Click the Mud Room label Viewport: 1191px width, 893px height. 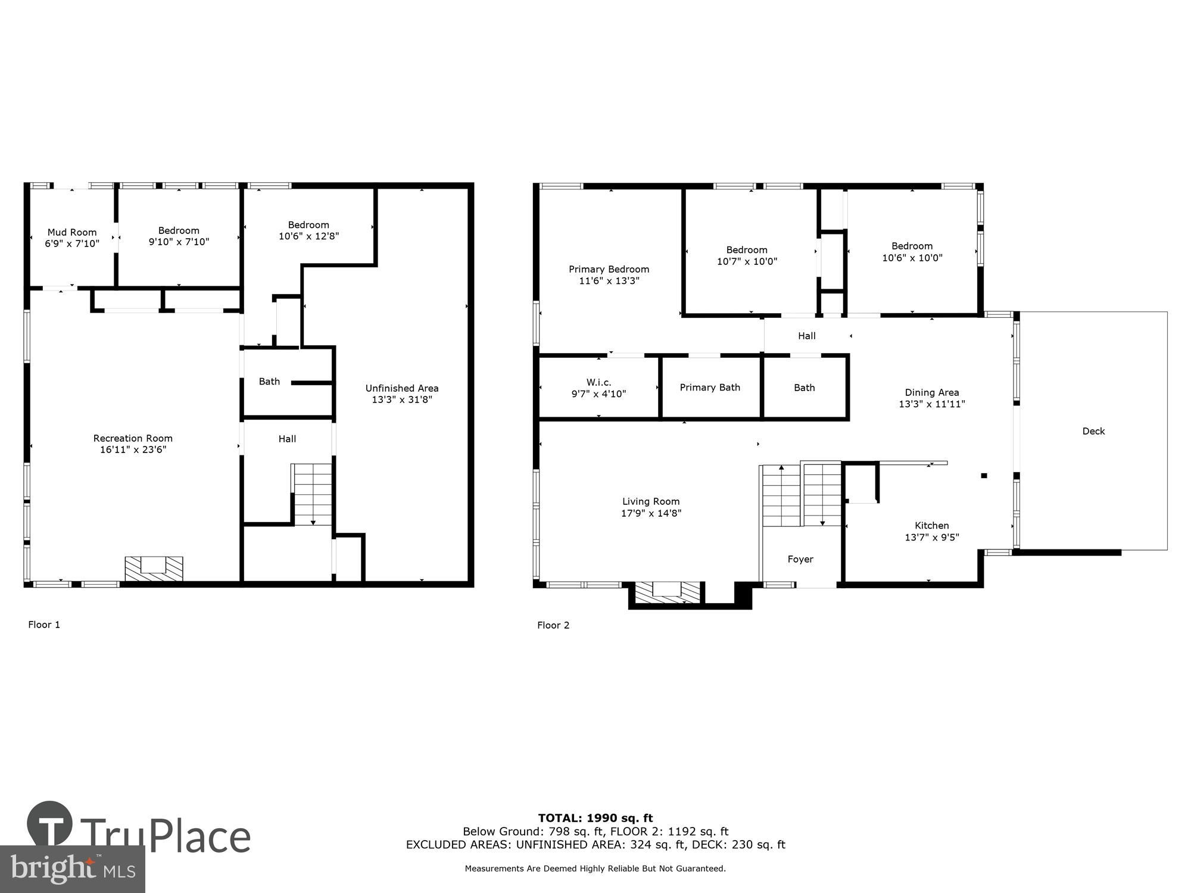[x=72, y=232]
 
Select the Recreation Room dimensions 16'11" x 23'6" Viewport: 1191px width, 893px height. [x=133, y=449]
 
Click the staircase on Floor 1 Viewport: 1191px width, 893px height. [x=312, y=494]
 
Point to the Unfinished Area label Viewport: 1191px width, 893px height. [x=401, y=388]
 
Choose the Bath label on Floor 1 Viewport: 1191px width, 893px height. [x=269, y=382]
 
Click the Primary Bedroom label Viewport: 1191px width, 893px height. [x=609, y=269]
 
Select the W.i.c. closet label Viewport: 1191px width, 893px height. [x=598, y=382]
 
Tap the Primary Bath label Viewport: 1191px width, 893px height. [x=710, y=388]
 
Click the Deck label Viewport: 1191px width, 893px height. [x=1093, y=431]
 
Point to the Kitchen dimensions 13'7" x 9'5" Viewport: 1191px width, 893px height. [x=931, y=537]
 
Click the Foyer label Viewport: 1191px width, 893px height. [x=800, y=559]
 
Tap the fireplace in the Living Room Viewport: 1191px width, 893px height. [x=667, y=592]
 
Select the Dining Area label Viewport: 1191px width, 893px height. [x=931, y=392]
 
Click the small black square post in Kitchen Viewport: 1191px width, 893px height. [x=984, y=475]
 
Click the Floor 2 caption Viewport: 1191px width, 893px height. [x=553, y=625]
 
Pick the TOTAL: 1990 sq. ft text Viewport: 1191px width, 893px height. [x=595, y=818]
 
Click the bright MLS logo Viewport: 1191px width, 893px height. [x=72, y=869]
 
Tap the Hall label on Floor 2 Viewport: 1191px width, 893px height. [x=806, y=336]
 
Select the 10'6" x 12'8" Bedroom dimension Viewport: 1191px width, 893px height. [x=308, y=236]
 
